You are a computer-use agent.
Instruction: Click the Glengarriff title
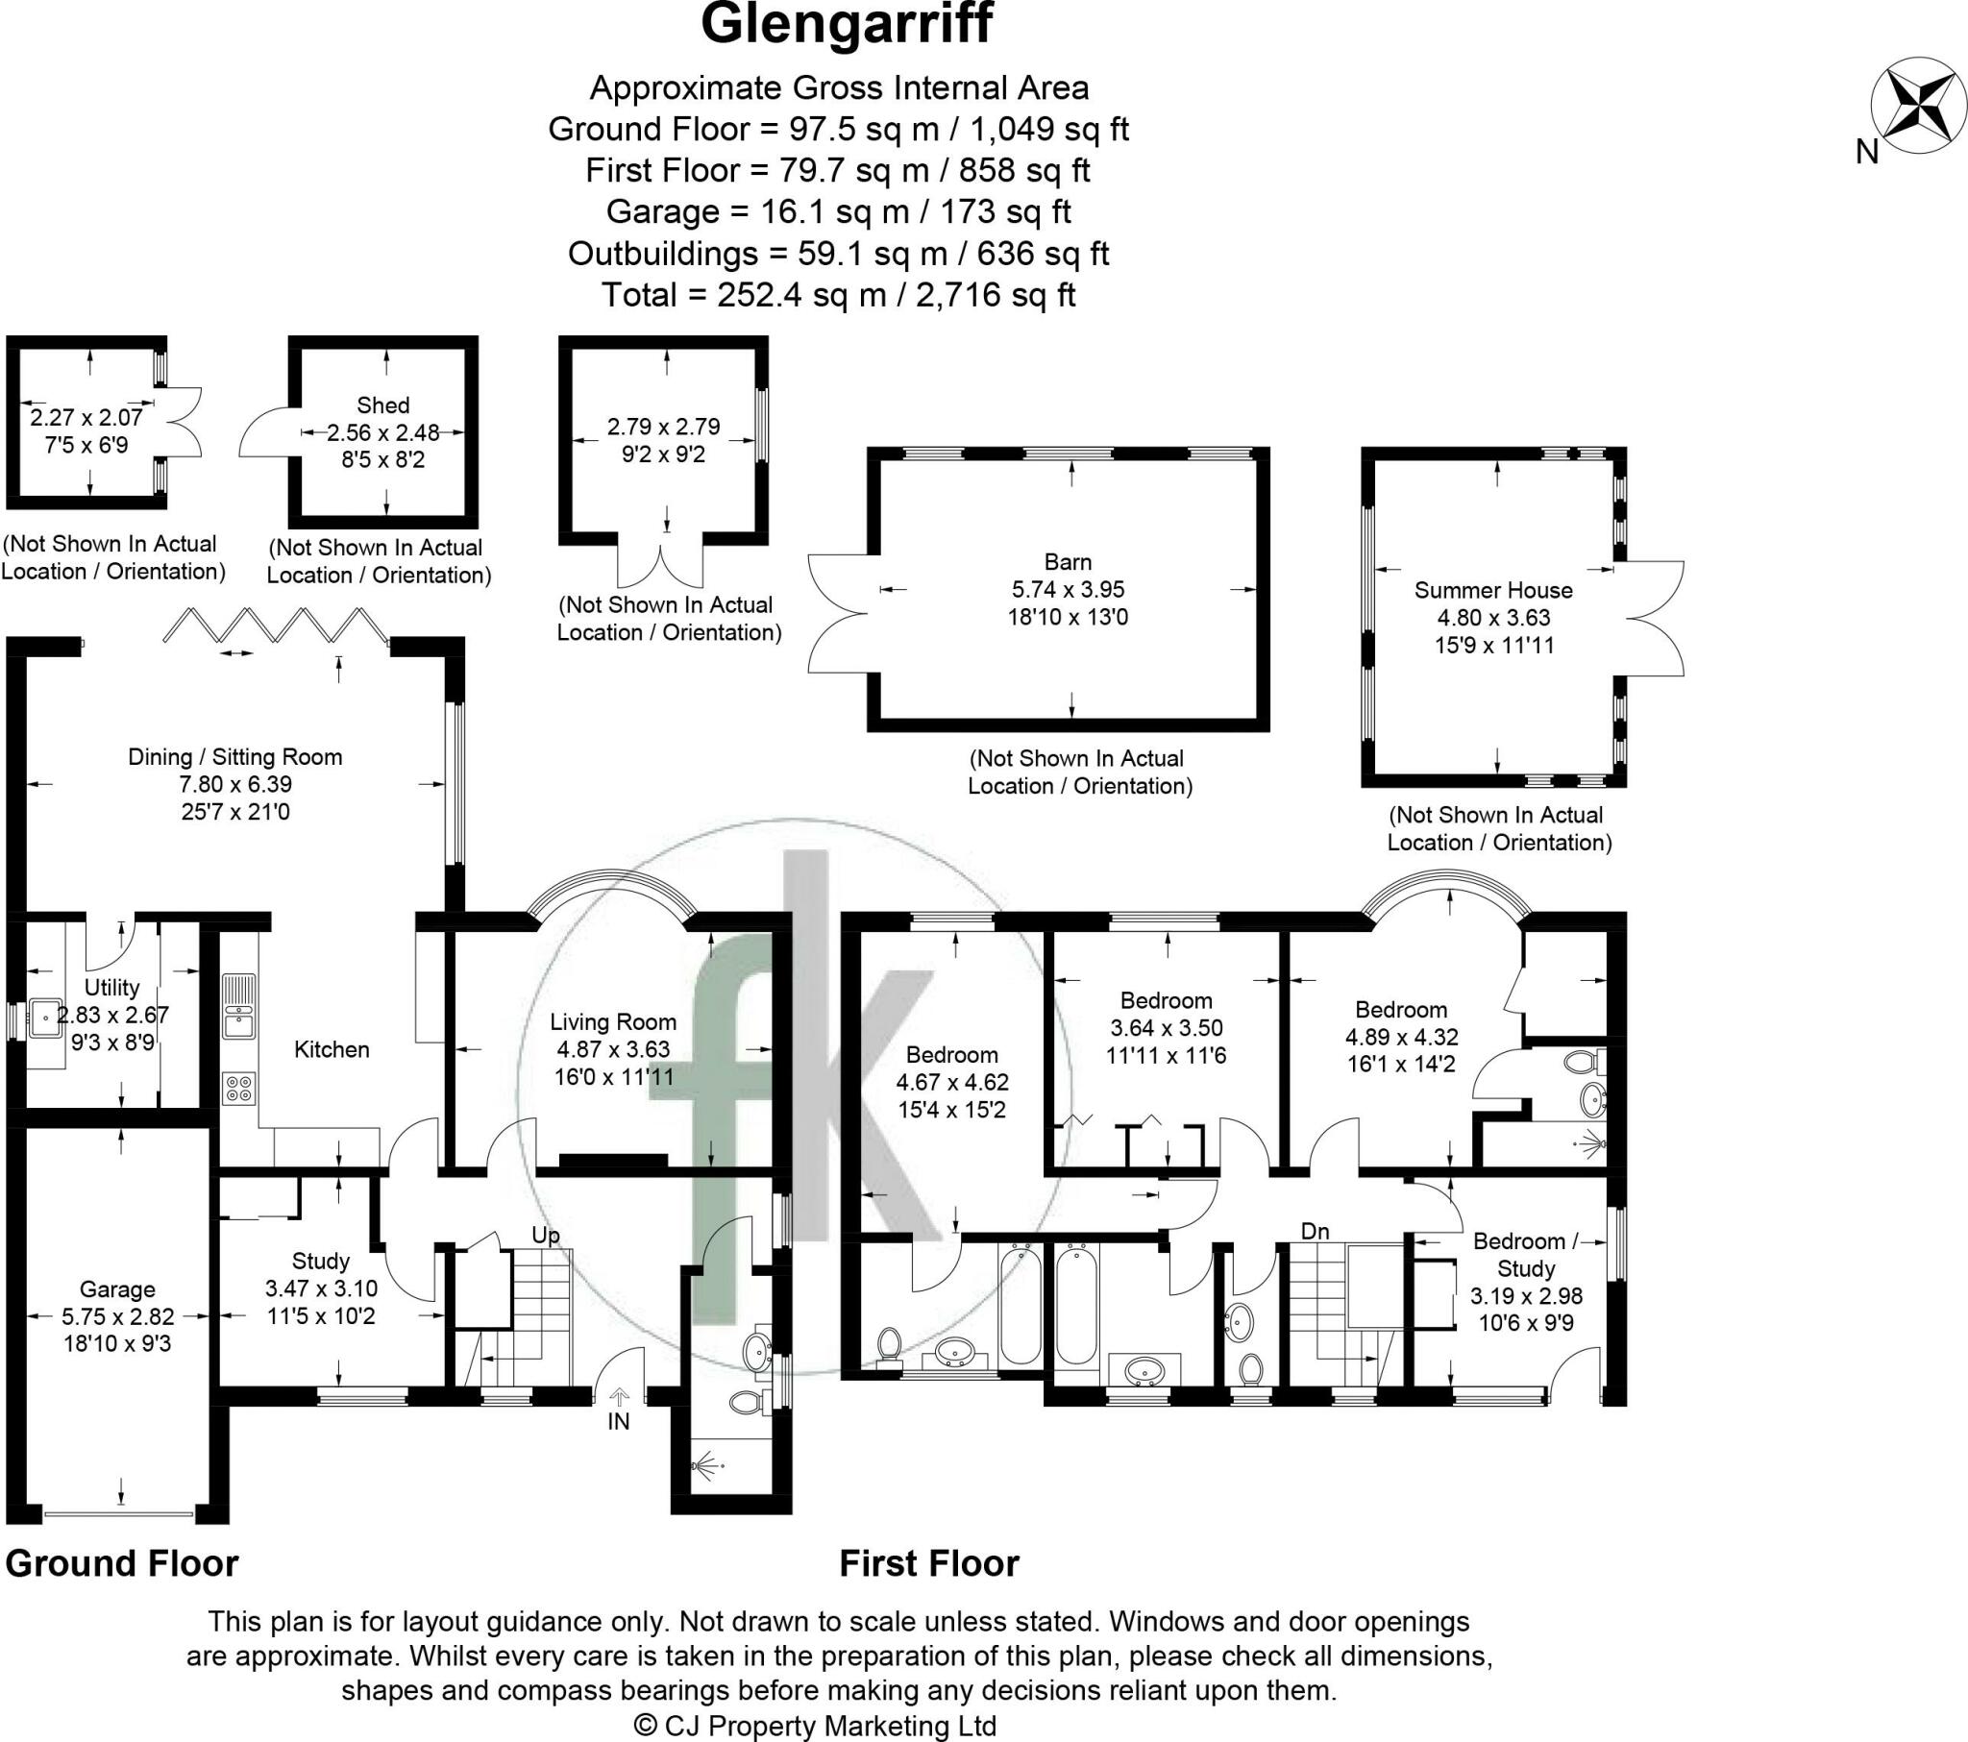[847, 26]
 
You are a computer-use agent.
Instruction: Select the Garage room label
[117, 1288]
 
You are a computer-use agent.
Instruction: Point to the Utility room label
[111, 987]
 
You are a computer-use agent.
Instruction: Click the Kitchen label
[332, 1048]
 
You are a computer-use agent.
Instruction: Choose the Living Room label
[613, 1021]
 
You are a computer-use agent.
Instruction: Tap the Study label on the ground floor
[321, 1261]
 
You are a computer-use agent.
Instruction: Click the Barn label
[1068, 561]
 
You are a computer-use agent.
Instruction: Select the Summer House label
[1493, 590]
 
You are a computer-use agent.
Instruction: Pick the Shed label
[382, 405]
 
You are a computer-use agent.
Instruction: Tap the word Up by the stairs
[546, 1236]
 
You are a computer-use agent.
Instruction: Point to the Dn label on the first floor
[1315, 1231]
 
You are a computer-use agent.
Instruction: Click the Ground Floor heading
[122, 1563]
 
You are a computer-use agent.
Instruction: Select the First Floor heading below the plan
[929, 1563]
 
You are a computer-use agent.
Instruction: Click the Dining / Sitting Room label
[234, 757]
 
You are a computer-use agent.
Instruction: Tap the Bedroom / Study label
[1526, 1255]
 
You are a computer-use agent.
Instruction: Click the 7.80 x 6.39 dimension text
[234, 784]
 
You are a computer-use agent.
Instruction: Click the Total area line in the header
[839, 295]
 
